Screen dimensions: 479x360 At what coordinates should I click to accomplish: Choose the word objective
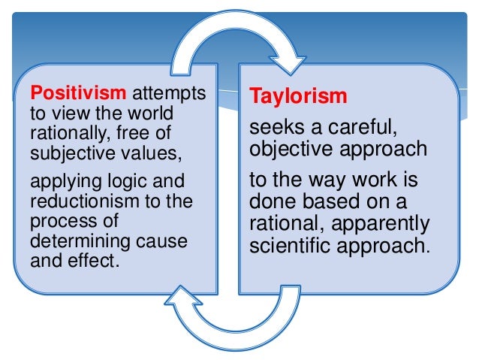[x=289, y=149]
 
